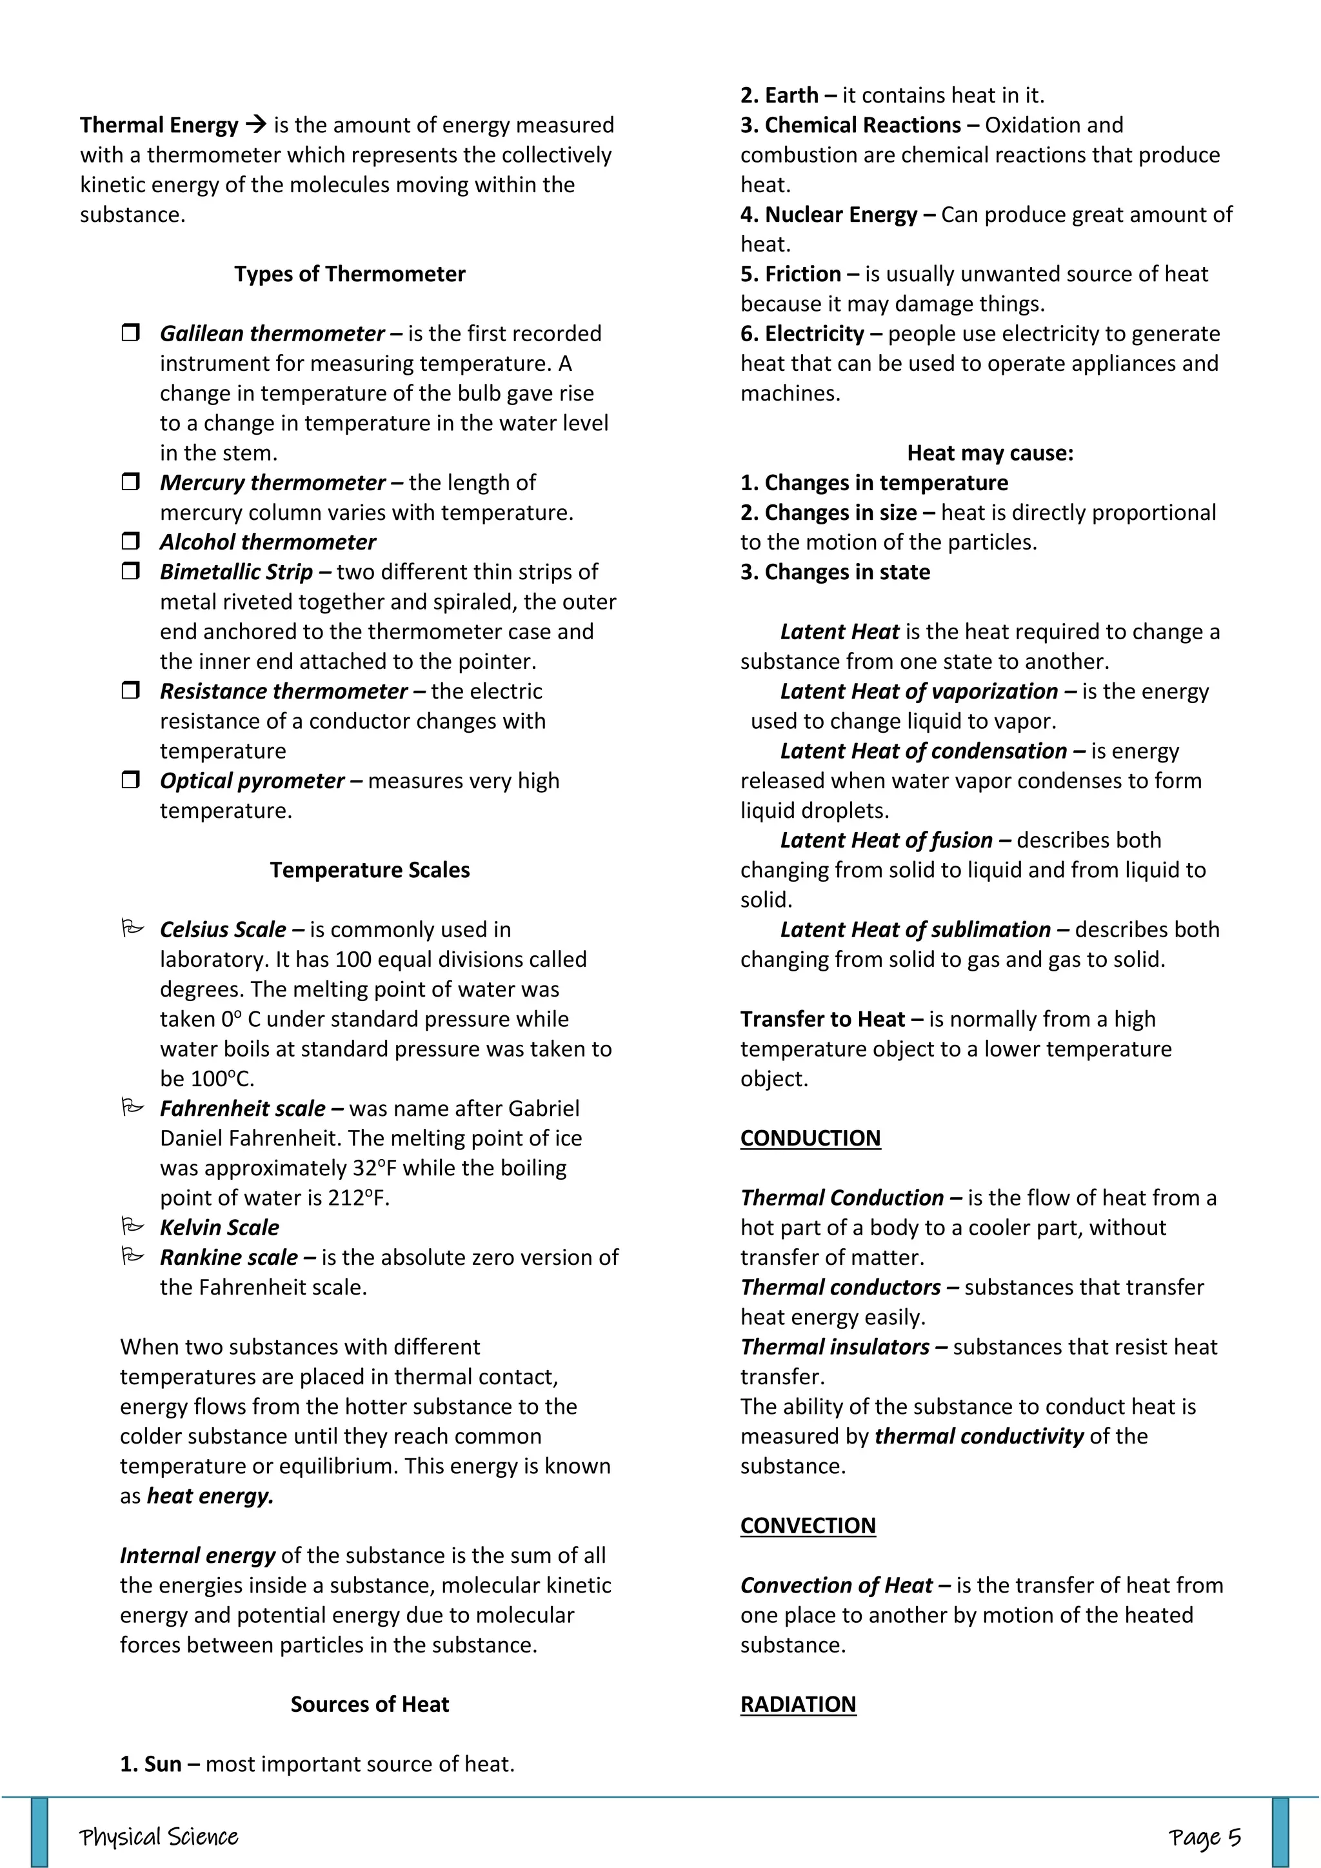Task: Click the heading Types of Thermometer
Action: point(349,274)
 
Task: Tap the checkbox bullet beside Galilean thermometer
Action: point(130,333)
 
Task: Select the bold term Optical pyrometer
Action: point(252,781)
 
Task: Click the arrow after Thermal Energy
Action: point(255,125)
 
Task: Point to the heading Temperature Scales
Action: point(370,871)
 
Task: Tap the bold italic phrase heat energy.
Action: point(210,1496)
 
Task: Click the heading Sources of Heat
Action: point(370,1704)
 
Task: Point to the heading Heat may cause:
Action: point(990,453)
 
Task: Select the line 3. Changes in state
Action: point(835,572)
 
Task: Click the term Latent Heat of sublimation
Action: point(915,930)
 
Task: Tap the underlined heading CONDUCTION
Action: point(810,1138)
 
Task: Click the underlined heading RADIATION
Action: point(798,1704)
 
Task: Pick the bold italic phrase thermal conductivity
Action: point(978,1436)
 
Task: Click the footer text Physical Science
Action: point(159,1837)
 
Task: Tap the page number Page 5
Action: point(1205,1837)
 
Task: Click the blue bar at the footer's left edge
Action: point(39,1833)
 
